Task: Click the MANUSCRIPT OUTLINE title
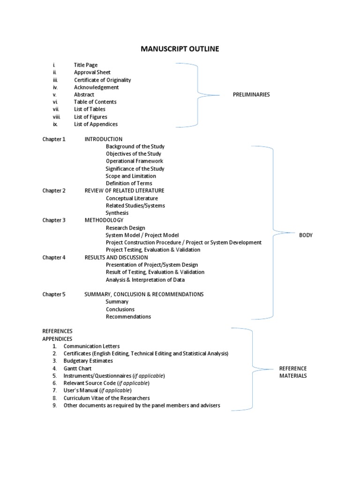180,49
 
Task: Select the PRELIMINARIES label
251,95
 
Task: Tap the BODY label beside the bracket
306,235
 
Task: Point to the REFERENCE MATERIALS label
292,372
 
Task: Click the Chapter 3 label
54,220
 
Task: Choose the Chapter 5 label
54,294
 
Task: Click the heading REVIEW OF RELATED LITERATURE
124,191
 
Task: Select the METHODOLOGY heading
104,220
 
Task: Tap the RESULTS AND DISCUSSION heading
116,257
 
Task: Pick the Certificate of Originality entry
102,80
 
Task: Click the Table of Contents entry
95,102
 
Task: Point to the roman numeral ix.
55,124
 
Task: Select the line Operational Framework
134,161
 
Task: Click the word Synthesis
117,213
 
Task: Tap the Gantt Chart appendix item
77,369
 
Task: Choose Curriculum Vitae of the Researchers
106,398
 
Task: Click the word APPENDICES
58,339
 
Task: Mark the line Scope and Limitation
131,176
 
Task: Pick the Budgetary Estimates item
88,361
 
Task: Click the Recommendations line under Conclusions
128,317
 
